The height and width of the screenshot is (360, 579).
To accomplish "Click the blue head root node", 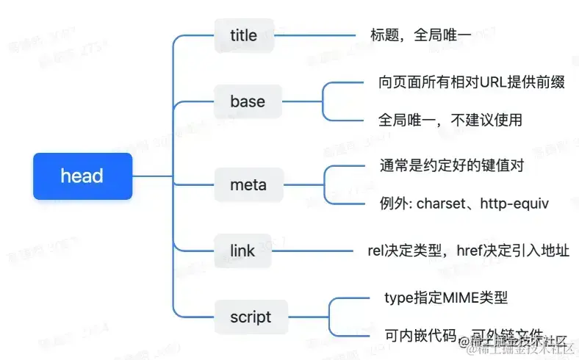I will point(82,176).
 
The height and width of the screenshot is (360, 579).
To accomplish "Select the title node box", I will point(243,36).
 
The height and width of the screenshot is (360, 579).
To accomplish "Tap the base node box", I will point(248,101).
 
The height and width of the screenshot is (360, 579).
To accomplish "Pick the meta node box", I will point(248,184).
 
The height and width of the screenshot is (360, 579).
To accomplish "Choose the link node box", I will point(242,251).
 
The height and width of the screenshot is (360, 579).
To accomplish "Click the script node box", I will point(251,317).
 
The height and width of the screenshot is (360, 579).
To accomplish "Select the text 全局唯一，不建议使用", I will point(450,120).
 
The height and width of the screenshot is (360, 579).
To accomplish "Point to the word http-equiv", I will point(515,204).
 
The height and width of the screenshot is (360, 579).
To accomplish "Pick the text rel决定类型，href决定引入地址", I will point(468,251).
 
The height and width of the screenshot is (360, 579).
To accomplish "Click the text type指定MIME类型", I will point(446,298).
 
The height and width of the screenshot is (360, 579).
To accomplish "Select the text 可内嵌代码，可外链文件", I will point(463,335).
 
